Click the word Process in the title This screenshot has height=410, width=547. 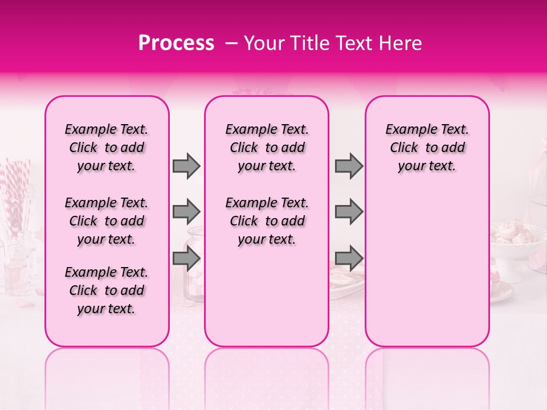(176, 43)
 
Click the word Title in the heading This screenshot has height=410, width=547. (306, 43)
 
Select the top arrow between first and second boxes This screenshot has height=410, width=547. (186, 166)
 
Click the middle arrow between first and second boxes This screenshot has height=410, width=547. (186, 212)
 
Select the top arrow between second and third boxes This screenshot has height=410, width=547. (349, 166)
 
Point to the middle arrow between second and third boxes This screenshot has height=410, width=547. (349, 212)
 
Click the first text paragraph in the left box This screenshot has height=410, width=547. (107, 147)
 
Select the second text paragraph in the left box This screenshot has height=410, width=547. (107, 221)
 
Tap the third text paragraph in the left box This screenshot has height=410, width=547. (107, 290)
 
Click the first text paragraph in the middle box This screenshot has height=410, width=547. (267, 147)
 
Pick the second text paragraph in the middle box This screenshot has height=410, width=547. (267, 221)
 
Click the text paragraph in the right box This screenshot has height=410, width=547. (427, 147)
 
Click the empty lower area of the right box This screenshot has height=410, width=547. (427, 273)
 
